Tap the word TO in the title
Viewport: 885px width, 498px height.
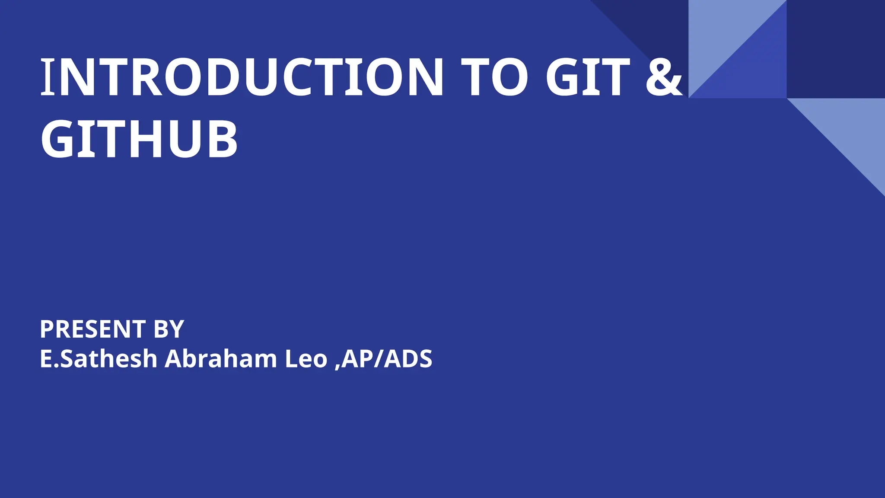tap(494, 77)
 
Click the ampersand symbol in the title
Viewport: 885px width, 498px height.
tap(664, 77)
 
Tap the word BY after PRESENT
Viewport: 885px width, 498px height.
tap(169, 329)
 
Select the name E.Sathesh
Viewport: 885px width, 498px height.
tap(99, 359)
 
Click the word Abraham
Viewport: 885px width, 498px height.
tap(220, 359)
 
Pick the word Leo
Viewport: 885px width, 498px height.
tap(306, 359)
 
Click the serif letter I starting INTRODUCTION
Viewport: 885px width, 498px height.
tap(48, 77)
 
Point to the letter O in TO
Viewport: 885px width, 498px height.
tap(510, 77)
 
